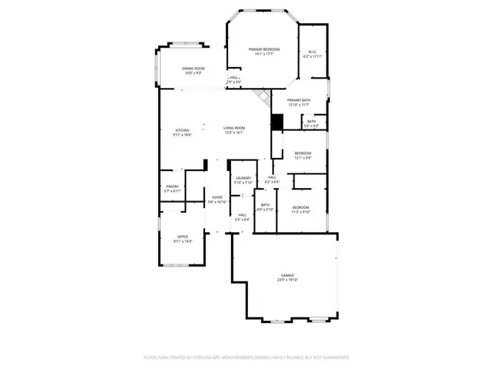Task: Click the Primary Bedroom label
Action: (x=263, y=49)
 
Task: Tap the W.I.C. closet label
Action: (x=312, y=52)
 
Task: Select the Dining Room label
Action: (x=193, y=69)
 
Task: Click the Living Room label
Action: (x=234, y=128)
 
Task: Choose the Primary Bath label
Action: (x=298, y=100)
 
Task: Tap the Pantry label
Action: (x=173, y=187)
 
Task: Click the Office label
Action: (x=183, y=237)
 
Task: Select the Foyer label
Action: (x=218, y=197)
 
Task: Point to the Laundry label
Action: (x=243, y=179)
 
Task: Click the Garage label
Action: (x=288, y=275)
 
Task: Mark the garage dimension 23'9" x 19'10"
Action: (x=288, y=280)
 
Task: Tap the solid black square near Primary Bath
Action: (x=277, y=122)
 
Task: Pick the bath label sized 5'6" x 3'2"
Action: (x=311, y=123)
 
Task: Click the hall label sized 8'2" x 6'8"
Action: (x=272, y=180)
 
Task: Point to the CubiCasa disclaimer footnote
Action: (x=246, y=358)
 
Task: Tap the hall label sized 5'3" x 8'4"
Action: (x=242, y=217)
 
